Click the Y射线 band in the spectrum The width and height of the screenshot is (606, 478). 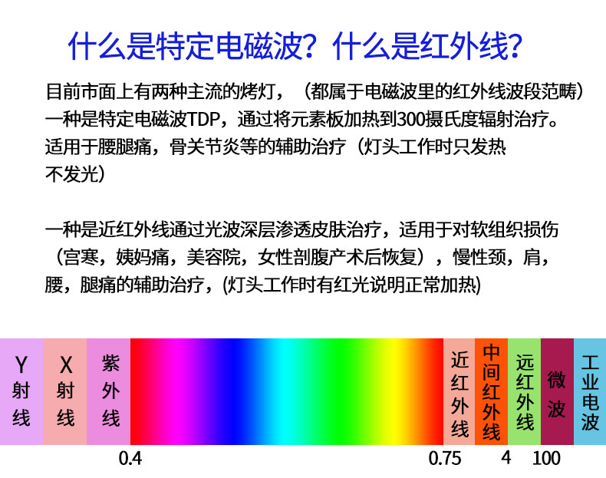(21, 391)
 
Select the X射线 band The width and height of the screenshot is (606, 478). (65, 391)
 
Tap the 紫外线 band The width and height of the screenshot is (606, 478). (109, 391)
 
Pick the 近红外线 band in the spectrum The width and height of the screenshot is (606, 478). (459, 391)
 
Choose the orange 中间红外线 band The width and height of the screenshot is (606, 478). (491, 391)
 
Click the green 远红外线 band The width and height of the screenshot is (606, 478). (525, 391)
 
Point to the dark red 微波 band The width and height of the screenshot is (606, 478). (558, 391)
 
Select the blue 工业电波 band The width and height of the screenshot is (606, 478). (590, 391)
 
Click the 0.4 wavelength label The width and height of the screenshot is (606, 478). (130, 459)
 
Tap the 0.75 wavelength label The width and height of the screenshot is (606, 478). (445, 459)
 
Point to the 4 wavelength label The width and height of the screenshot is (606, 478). (506, 458)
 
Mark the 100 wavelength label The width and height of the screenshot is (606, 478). (546, 459)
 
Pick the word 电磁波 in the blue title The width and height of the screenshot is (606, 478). (259, 46)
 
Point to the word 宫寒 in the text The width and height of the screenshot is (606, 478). (81, 257)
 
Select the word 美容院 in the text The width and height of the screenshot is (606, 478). (214, 257)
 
